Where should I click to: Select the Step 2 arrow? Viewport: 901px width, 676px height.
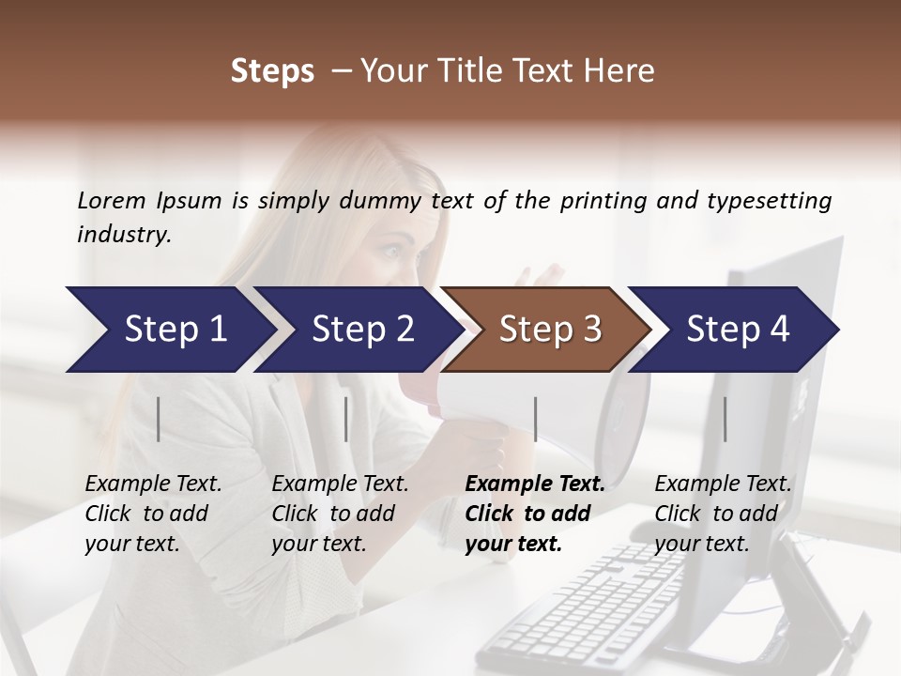tap(357, 330)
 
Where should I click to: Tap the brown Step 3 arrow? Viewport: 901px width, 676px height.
tap(546, 330)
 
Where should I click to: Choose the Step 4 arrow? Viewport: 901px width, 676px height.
tap(734, 330)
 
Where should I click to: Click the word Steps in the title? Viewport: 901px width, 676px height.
tap(272, 70)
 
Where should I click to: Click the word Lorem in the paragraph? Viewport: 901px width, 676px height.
tap(112, 200)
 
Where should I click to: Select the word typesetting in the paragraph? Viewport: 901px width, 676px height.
tap(769, 200)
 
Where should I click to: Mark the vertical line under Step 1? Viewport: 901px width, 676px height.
tap(159, 419)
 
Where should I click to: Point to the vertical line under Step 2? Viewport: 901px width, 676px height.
tap(346, 419)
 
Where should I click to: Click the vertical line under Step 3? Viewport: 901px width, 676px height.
tap(535, 419)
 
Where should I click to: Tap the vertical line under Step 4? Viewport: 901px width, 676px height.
tap(725, 419)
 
